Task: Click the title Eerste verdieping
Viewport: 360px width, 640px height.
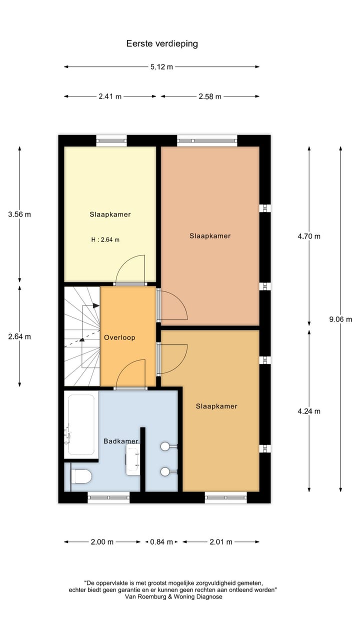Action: coord(162,43)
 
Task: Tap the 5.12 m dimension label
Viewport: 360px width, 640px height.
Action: coord(162,67)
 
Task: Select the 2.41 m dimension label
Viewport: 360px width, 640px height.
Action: coord(110,96)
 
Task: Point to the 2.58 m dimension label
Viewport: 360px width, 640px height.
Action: coord(209,96)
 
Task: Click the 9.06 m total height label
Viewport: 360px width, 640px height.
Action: coord(340,319)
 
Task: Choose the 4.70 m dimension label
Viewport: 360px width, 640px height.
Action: coord(309,236)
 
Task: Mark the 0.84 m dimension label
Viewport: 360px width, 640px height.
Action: coord(161,542)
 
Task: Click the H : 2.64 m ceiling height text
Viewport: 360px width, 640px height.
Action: coord(105,239)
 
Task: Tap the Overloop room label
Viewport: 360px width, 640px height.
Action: coord(119,337)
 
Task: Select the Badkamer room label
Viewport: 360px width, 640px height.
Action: coord(120,441)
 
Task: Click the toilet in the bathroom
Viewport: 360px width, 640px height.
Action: coord(81,477)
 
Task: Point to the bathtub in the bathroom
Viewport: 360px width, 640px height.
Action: coord(81,425)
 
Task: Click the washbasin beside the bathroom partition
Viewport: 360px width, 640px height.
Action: coord(133,459)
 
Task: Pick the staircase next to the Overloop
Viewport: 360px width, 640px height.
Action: coord(81,336)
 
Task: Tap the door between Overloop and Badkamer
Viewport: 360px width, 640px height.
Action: coord(131,375)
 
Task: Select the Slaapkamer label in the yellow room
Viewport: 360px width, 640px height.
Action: coord(110,214)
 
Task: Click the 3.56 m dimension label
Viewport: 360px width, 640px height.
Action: coord(20,214)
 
